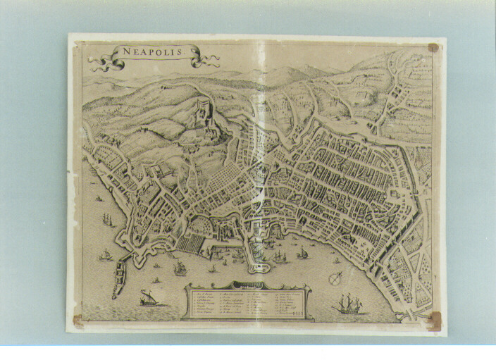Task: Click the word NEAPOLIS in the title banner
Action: [x=151, y=52]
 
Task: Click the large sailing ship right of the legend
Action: [x=348, y=304]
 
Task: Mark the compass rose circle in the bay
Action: [x=337, y=276]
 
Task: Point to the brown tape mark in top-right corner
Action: [x=433, y=49]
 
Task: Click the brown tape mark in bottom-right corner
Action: [x=435, y=321]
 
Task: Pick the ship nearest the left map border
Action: [x=106, y=220]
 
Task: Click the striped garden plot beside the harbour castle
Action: [x=190, y=242]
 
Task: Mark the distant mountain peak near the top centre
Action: [x=282, y=71]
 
